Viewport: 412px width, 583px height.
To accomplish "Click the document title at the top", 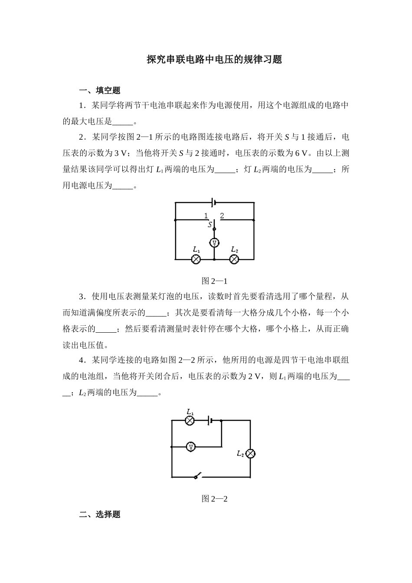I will pos(214,60).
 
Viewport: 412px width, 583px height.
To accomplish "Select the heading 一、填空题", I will pos(99,90).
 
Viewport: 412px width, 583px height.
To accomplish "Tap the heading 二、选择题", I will pos(99,514).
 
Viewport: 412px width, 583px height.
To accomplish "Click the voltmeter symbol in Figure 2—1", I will pos(214,242).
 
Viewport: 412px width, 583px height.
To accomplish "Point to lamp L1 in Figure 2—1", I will pos(196,259).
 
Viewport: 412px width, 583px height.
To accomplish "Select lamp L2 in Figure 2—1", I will pos(234,259).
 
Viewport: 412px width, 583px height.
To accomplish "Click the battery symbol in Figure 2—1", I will pos(213,202).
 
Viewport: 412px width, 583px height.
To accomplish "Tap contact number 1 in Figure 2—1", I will pos(206,216).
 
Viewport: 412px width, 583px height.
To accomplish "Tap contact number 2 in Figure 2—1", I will pos(222,216).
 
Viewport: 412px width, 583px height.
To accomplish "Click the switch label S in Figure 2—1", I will pos(210,224).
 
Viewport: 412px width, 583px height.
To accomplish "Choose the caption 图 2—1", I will pos(214,280).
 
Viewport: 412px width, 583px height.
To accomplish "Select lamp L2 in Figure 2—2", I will pos(250,454).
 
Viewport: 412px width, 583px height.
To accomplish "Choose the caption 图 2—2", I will pos(214,498).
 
